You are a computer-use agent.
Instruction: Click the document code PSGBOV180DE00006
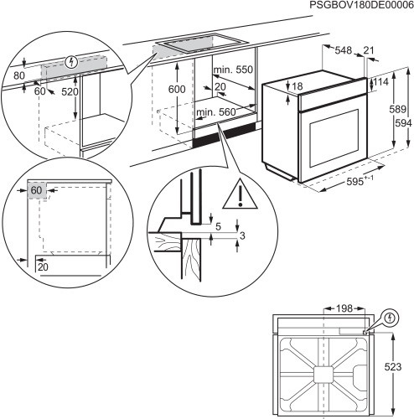tap(355, 6)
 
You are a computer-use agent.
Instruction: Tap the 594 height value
tap(402, 124)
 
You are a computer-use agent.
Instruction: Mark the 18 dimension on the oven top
tap(296, 85)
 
